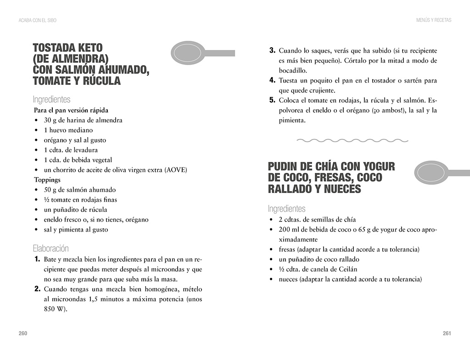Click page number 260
23,333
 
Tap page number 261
447,333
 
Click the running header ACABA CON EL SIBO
37,20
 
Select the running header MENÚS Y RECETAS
434,20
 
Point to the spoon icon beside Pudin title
438,172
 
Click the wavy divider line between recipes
352,140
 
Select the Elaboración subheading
50,249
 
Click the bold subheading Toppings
47,180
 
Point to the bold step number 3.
272,50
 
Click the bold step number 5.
272,100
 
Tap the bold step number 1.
37,260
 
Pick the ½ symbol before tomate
46,199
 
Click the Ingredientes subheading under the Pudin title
286,209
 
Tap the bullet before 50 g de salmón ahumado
36,190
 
